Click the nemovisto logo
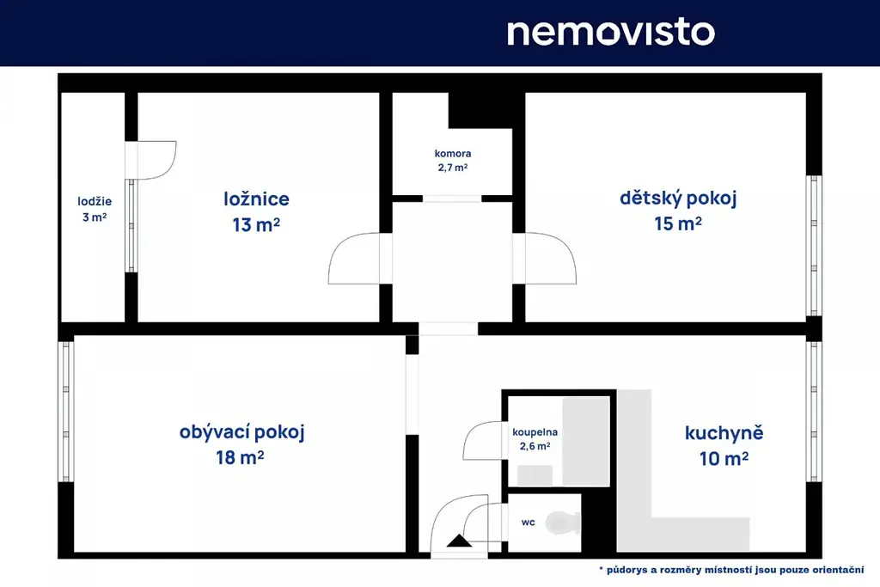[611, 33]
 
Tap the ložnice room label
[256, 199]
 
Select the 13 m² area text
[256, 224]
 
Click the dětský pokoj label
[678, 198]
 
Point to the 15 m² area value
[678, 223]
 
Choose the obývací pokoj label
[241, 432]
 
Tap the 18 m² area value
[241, 457]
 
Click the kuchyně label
[724, 433]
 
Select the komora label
[453, 153]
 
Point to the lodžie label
[95, 201]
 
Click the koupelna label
[535, 432]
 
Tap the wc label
[529, 523]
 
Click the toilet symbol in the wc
[563, 523]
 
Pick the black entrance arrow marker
[459, 541]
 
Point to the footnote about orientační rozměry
[731, 570]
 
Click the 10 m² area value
[724, 458]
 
